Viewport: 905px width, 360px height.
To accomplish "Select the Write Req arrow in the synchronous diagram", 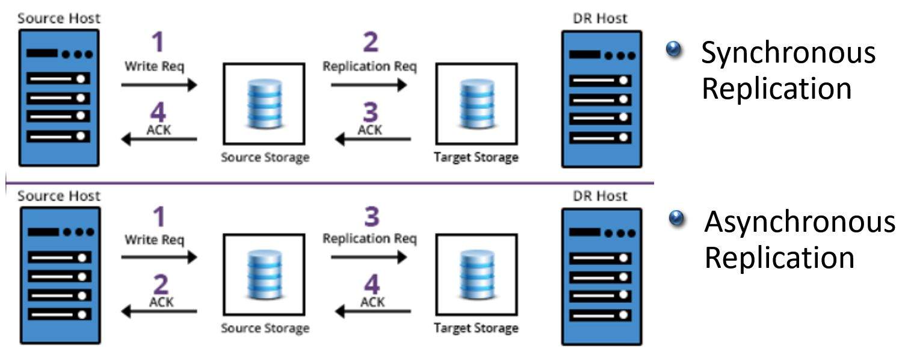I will (x=159, y=85).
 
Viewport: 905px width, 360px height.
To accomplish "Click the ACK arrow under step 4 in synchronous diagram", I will (x=159, y=140).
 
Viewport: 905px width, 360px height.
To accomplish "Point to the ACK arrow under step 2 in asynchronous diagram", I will (x=159, y=311).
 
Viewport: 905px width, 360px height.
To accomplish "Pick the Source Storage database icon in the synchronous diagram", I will (x=265, y=104).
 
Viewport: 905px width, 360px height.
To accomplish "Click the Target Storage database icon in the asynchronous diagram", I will (x=477, y=275).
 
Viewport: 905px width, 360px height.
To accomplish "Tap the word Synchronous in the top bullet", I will (x=788, y=53).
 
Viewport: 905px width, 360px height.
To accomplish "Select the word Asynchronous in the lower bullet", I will (x=799, y=221).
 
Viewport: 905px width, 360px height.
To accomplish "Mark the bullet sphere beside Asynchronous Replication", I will (x=678, y=218).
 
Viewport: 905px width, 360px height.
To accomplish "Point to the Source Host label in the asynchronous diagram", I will (x=59, y=195).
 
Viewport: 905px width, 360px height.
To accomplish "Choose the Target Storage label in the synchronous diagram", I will (x=476, y=158).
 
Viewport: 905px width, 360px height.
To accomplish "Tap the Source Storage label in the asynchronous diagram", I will (x=265, y=328).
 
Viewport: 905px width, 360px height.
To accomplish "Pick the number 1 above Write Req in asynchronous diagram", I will (x=158, y=217).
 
